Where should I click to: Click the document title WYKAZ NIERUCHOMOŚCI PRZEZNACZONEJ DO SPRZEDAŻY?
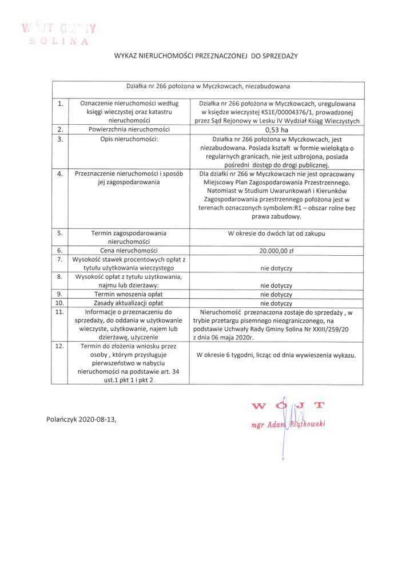coord(206,56)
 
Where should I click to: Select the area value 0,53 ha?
coord(276,130)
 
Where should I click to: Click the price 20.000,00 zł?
coord(276,250)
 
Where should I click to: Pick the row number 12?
coord(59,346)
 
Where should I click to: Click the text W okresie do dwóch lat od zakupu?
coord(276,233)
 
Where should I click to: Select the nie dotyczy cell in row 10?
coord(276,303)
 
